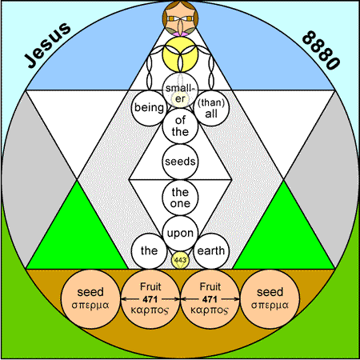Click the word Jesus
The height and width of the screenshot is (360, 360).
[x=48, y=45]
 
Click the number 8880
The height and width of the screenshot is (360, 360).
[x=321, y=50]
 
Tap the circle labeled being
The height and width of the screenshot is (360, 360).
[x=149, y=108]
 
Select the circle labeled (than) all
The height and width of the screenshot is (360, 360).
[x=211, y=108]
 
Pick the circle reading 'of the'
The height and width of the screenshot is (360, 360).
[x=180, y=126]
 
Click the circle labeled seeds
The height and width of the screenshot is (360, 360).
[x=180, y=162]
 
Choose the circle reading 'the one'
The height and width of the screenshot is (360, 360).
[x=180, y=198]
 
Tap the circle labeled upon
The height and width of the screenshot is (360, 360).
[x=180, y=234]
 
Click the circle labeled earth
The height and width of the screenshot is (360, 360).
[x=211, y=251]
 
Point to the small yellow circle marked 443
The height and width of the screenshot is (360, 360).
[x=180, y=260]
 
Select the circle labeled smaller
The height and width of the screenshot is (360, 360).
[x=180, y=90]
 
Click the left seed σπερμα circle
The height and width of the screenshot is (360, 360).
[x=90, y=299]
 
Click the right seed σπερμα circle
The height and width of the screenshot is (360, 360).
[x=270, y=299]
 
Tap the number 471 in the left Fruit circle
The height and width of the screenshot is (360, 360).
[x=150, y=299]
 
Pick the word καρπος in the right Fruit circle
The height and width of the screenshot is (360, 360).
[x=210, y=310]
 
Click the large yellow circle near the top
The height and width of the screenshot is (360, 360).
[x=180, y=54]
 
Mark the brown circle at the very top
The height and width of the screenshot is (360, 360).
[x=180, y=18]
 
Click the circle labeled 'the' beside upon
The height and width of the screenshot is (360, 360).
[x=149, y=251]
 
